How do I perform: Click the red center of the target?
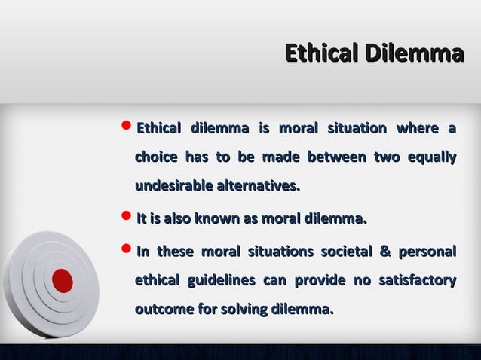tap(63, 281)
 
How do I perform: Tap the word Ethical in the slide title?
tap(321, 53)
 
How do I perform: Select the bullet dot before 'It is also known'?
tap(126, 220)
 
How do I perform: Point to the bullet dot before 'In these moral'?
tap(126, 252)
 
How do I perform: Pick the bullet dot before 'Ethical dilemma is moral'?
tap(126, 129)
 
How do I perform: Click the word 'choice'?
tap(156, 157)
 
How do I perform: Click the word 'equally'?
tap(431, 157)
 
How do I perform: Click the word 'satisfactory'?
tap(417, 281)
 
